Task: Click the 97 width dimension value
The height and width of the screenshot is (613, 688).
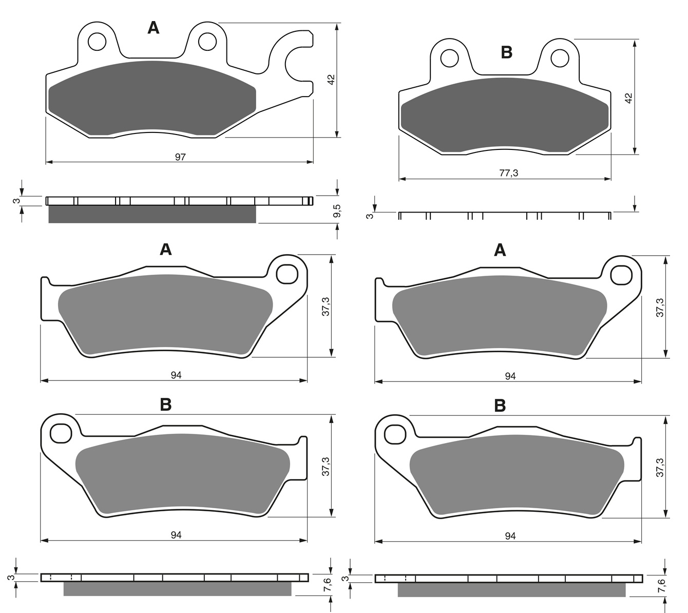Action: (180, 157)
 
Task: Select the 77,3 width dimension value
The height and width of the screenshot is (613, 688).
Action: (508, 173)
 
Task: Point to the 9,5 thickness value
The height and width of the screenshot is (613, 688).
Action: (336, 211)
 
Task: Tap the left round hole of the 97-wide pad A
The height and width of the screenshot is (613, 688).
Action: (97, 42)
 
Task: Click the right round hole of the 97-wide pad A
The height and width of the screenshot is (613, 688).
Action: (207, 42)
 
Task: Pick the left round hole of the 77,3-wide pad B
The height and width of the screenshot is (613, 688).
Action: (449, 59)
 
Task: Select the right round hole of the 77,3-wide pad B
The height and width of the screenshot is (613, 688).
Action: (560, 59)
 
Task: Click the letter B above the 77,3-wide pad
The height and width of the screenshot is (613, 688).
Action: (507, 53)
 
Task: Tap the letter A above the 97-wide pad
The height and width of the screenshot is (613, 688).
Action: (154, 28)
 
